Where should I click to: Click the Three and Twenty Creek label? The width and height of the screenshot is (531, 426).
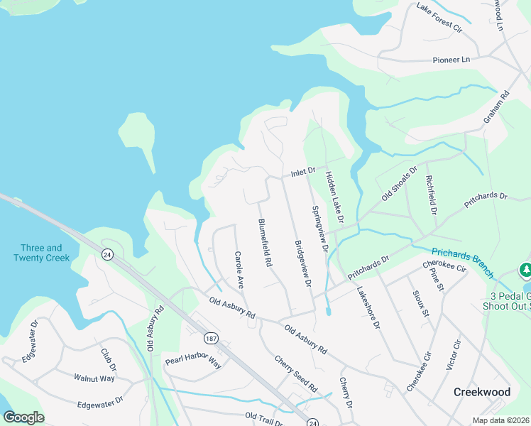[41, 253]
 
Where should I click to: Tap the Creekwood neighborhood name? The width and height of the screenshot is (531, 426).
[483, 392]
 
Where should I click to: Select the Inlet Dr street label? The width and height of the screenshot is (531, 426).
[302, 173]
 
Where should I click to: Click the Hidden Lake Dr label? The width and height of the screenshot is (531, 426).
[334, 197]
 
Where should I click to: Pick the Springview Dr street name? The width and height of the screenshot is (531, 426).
[320, 229]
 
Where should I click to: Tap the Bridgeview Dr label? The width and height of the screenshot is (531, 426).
[303, 263]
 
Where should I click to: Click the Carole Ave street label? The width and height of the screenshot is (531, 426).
[239, 269]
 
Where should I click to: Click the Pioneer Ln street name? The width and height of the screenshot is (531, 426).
[451, 60]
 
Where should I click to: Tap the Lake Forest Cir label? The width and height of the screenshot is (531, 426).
[439, 19]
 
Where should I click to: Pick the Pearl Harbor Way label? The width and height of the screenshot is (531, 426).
[193, 361]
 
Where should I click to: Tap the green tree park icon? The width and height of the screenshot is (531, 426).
[525, 271]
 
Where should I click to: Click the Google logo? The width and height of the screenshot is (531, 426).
[23, 417]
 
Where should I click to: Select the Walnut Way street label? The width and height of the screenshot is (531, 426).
[94, 378]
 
